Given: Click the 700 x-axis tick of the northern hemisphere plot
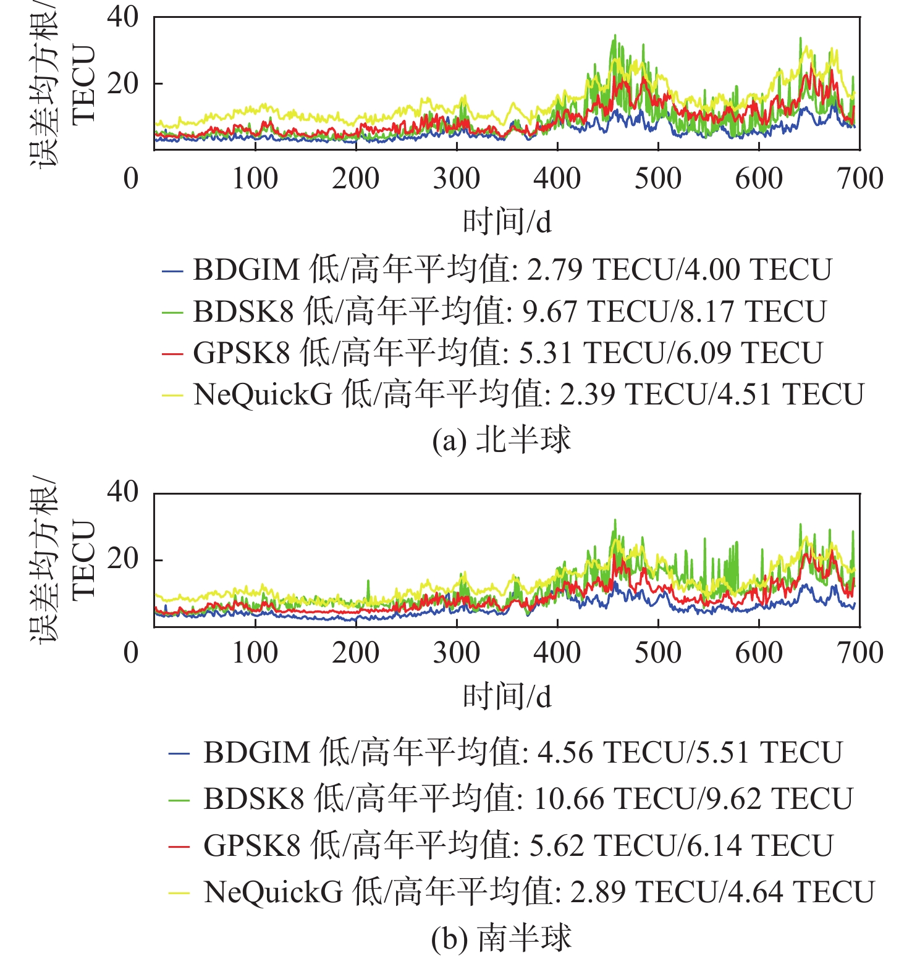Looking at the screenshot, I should (859, 178).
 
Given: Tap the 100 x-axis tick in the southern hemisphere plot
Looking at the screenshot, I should (255, 653).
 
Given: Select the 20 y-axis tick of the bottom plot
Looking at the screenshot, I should (122, 558).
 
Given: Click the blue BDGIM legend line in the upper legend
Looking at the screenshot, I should (172, 270).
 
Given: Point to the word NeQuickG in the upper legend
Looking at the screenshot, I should (263, 395).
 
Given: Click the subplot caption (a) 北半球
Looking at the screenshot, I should (501, 440).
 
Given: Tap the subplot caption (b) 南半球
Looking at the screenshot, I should (501, 939).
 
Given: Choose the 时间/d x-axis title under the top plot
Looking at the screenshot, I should (507, 222).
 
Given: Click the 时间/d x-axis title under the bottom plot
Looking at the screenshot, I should (507, 697).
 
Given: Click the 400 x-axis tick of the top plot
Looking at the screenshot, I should (557, 178).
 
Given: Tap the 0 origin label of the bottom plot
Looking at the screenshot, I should (131, 653).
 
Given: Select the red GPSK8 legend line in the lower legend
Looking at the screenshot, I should (179, 846).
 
